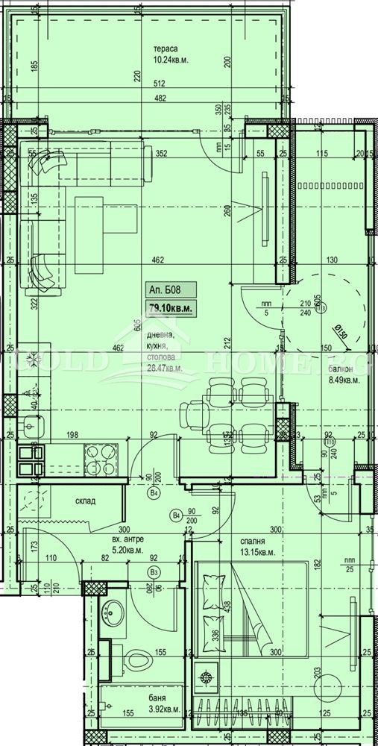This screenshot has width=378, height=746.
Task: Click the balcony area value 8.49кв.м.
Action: tap(344, 380)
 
